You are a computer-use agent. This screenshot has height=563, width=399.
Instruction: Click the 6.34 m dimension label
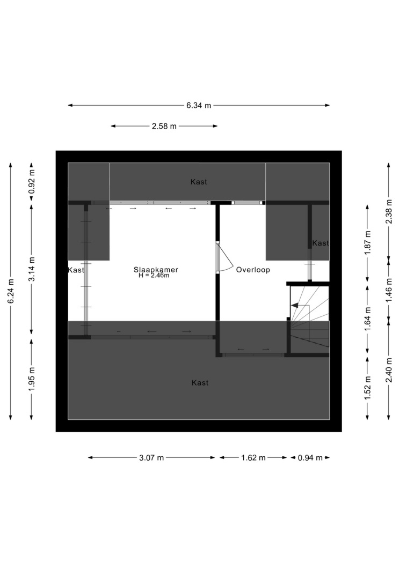(198, 106)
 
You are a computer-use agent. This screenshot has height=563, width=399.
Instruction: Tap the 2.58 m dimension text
(164, 127)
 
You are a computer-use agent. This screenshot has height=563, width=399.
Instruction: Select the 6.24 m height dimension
(11, 291)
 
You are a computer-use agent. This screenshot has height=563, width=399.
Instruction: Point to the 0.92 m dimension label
(32, 181)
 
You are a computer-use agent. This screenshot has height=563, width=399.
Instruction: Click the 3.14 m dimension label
(32, 269)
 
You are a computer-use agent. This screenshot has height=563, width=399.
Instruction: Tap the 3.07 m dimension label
(151, 458)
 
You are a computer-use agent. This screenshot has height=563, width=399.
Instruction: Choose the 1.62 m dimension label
(253, 458)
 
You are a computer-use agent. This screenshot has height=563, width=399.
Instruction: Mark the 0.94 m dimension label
(310, 458)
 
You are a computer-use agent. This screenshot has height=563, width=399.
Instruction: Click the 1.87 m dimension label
(367, 243)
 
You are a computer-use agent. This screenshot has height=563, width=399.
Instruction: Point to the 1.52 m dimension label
(367, 388)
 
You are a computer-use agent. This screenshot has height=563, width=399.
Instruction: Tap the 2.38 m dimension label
(389, 211)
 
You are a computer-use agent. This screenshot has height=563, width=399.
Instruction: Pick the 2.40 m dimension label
(389, 370)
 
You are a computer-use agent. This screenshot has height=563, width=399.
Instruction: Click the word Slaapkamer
(156, 269)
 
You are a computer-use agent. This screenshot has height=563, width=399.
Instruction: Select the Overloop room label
(253, 270)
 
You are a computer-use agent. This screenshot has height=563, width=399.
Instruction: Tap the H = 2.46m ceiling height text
(154, 276)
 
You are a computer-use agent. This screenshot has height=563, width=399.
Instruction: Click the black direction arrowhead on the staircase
(294, 306)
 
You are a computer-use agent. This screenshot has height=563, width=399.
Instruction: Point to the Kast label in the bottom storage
(200, 383)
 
